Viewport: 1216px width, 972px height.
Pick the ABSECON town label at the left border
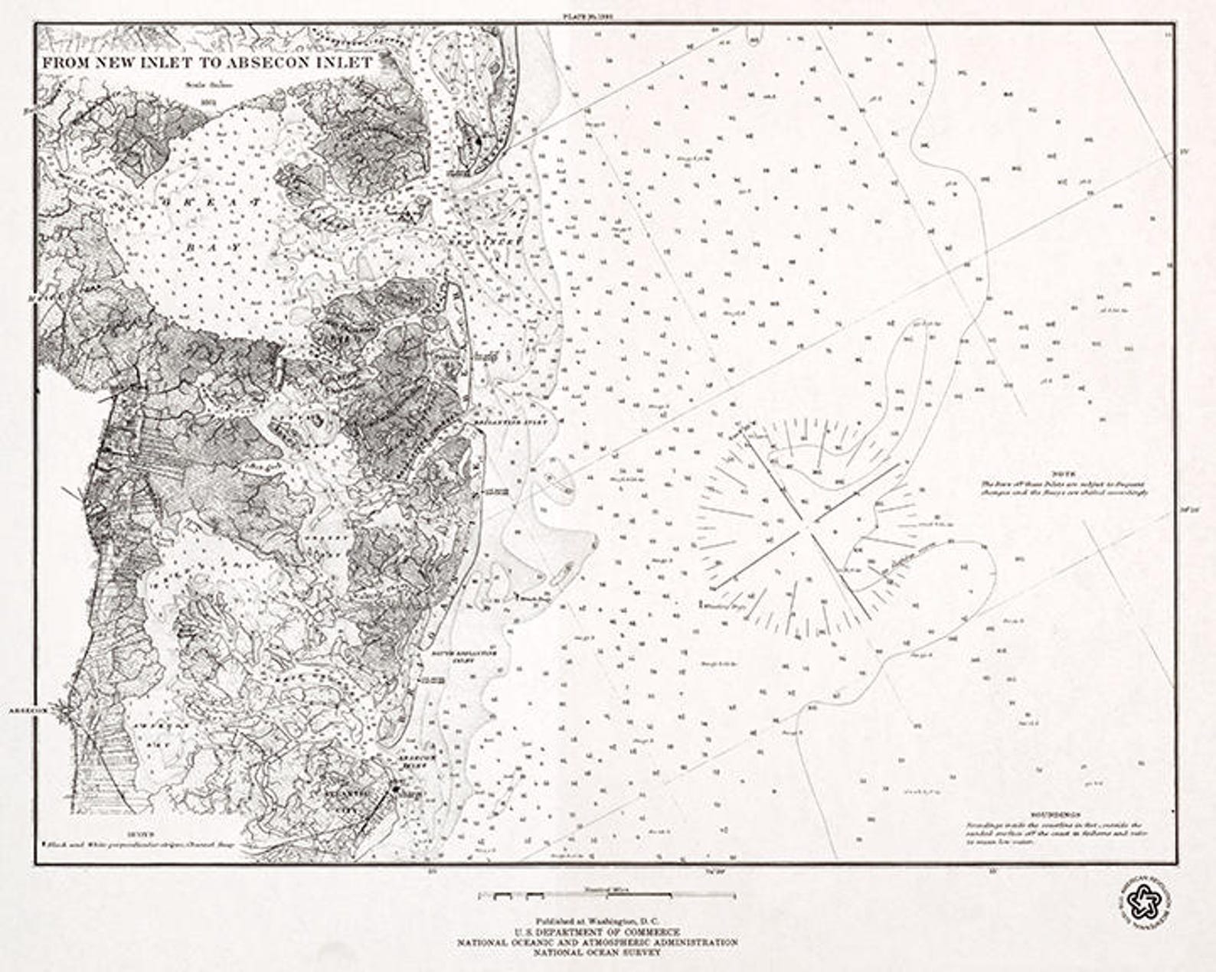(x=28, y=710)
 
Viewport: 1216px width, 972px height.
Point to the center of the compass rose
(x=808, y=527)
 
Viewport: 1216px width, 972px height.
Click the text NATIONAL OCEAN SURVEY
(x=597, y=953)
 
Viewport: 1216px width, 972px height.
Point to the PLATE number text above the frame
(x=590, y=15)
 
